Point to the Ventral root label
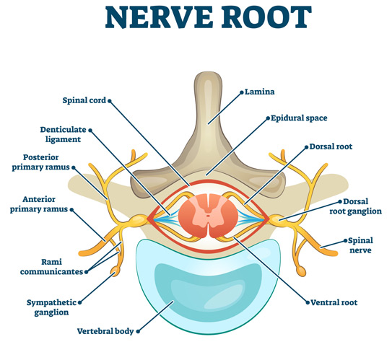coord(333,303)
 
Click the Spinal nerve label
coord(360,245)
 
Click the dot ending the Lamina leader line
coord(242,92)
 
